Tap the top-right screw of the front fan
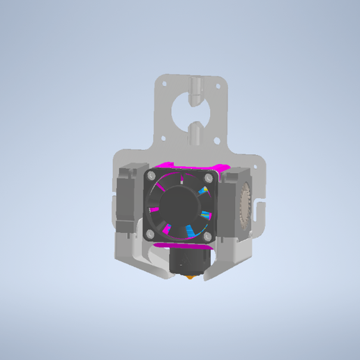(209, 178)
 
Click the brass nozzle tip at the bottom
(190, 280)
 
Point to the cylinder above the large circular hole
(197, 87)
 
